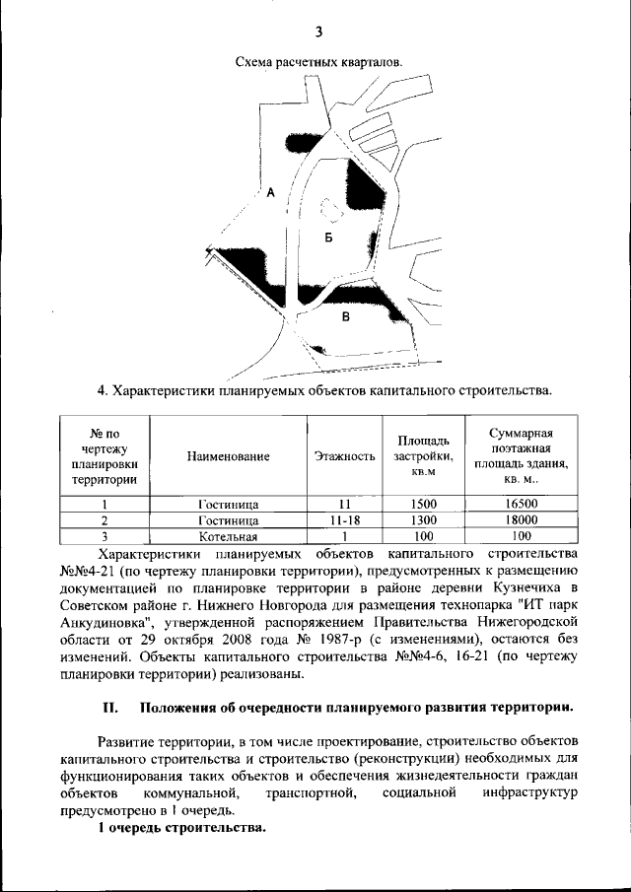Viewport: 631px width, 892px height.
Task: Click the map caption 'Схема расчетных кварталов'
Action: coord(319,62)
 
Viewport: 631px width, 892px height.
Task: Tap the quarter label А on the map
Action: coord(269,192)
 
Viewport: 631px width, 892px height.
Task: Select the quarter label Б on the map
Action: coord(329,239)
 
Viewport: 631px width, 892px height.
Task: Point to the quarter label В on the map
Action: coord(345,316)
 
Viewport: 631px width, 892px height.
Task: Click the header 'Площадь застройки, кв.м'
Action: coord(423,456)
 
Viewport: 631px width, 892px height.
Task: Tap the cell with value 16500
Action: coord(520,503)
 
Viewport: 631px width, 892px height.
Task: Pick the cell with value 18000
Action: coord(520,519)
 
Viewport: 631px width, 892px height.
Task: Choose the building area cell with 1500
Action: coord(423,503)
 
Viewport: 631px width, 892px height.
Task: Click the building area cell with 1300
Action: coord(423,519)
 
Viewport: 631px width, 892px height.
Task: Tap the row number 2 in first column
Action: coord(104,519)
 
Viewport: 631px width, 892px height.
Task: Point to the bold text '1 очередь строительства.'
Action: coord(181,827)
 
